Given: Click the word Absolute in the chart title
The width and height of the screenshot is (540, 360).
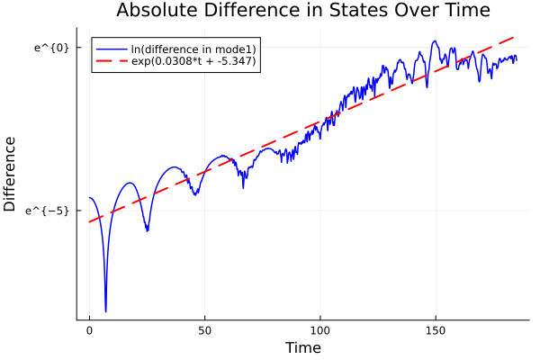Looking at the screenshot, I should [x=156, y=11].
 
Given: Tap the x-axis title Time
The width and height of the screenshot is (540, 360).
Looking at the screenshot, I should [x=302, y=347].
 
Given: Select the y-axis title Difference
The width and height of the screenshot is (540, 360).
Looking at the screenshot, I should [x=11, y=174].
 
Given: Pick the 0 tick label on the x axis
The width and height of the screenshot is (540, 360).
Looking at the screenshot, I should [x=89, y=330].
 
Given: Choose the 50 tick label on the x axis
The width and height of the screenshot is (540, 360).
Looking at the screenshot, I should [x=204, y=330].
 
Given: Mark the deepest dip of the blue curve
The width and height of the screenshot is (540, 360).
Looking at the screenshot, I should [x=105, y=311].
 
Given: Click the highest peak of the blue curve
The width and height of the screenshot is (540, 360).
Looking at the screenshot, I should [x=436, y=40].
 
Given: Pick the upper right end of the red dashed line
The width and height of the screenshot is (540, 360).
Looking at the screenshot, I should [x=516, y=37].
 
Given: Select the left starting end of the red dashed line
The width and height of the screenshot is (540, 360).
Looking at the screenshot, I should [x=89, y=221].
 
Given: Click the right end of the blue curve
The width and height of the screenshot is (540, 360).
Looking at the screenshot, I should [x=517, y=59].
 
